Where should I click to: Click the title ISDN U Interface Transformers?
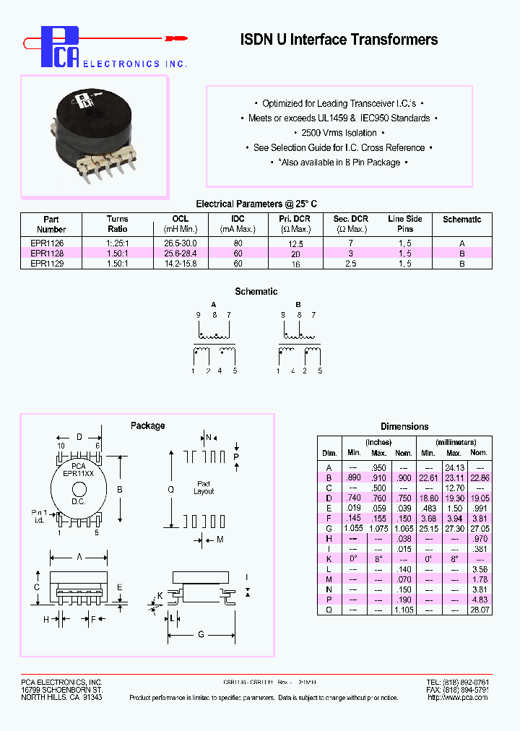pyautogui.click(x=339, y=40)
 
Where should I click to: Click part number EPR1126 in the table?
pyautogui.click(x=47, y=244)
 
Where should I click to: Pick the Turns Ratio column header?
pyautogui.click(x=117, y=224)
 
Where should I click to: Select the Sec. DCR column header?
pyautogui.click(x=350, y=224)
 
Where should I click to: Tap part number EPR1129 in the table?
pyautogui.click(x=47, y=264)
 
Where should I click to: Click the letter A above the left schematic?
pyautogui.click(x=213, y=305)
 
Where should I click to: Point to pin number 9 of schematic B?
pyautogui.click(x=281, y=315)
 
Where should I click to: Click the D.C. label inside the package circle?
pyautogui.click(x=78, y=501)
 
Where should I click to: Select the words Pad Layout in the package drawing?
pyautogui.click(x=204, y=488)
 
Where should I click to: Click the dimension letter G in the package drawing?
pyautogui.click(x=201, y=634)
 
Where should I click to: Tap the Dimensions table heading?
pyautogui.click(x=404, y=426)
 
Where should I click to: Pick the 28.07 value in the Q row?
pyautogui.click(x=478, y=610)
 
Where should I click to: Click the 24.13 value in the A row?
pyautogui.click(x=454, y=467)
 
